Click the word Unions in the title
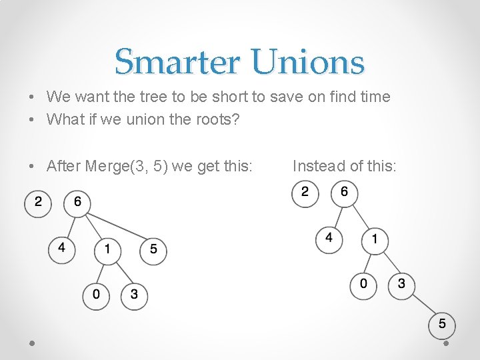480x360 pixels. pyautogui.click(x=308, y=62)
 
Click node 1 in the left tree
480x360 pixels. pyautogui.click(x=107, y=251)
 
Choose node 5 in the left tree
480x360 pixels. pyautogui.click(x=153, y=251)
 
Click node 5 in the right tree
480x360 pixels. pyautogui.click(x=443, y=325)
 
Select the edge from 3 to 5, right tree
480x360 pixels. pyautogui.click(x=422, y=305)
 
